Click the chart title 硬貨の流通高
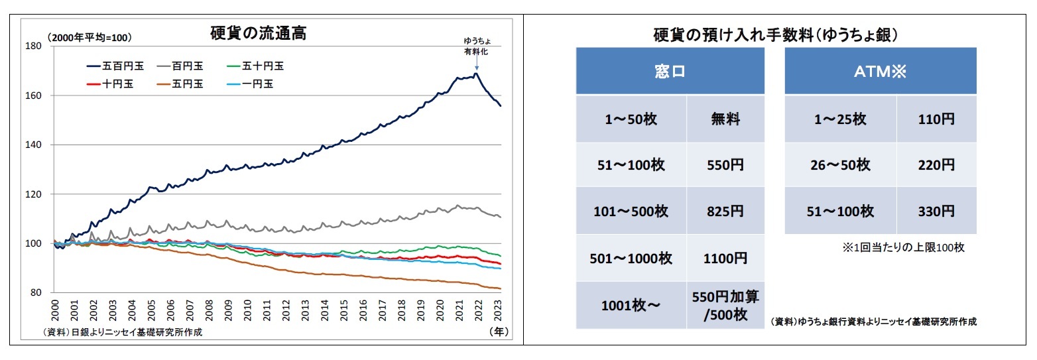pyautogui.click(x=258, y=34)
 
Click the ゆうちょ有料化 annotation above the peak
pyautogui.click(x=476, y=46)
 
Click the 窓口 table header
pyautogui.click(x=669, y=71)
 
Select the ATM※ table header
pyautogui.click(x=880, y=71)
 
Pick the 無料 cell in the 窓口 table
pyautogui.click(x=725, y=119)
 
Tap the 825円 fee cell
pyautogui.click(x=725, y=211)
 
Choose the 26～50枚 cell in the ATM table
pyautogui.click(x=840, y=165)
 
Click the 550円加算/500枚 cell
pyautogui.click(x=725, y=305)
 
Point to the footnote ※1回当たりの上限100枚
pyautogui.click(x=903, y=247)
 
